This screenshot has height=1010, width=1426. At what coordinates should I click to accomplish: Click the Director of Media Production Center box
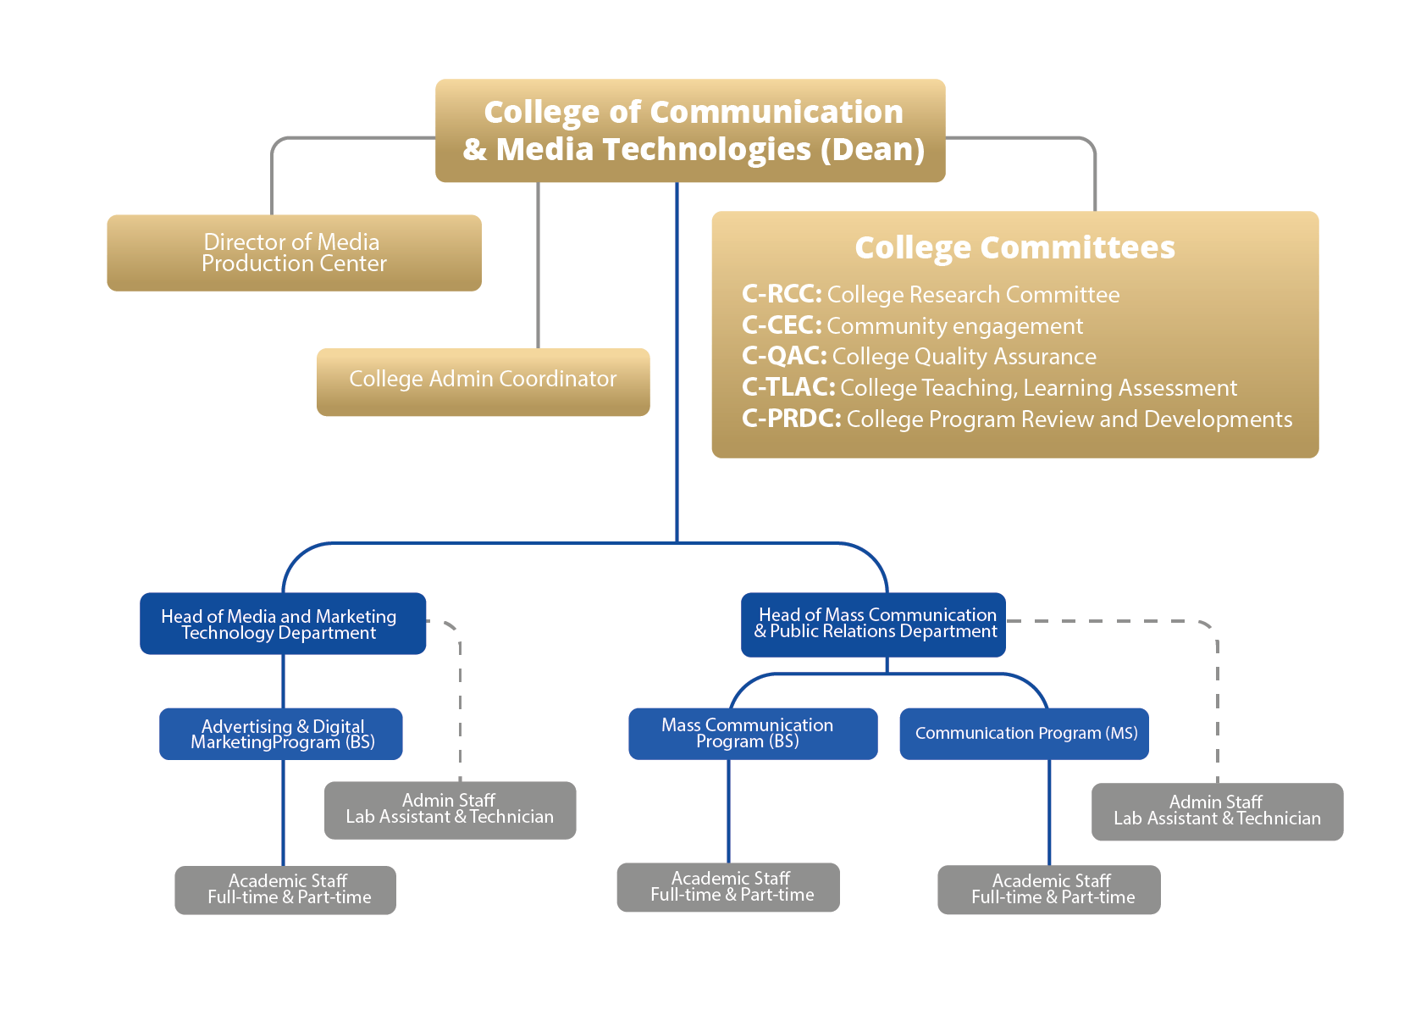[x=294, y=252]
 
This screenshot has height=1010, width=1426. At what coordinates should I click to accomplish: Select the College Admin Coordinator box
[x=483, y=381]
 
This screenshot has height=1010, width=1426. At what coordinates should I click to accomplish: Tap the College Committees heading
[x=1014, y=247]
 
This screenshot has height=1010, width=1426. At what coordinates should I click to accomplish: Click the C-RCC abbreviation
[x=781, y=294]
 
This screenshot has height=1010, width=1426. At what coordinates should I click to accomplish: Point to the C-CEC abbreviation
[x=781, y=325]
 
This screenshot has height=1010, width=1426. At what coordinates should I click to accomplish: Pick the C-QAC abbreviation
[x=783, y=356]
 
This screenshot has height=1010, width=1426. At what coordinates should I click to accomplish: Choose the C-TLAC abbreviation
[x=788, y=387]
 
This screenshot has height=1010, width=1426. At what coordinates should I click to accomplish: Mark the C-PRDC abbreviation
[x=791, y=419]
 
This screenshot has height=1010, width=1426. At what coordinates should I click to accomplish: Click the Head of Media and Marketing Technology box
[x=282, y=624]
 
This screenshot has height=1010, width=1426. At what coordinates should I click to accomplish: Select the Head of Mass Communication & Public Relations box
[x=873, y=624]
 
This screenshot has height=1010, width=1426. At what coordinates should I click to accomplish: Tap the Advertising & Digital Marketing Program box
[x=280, y=734]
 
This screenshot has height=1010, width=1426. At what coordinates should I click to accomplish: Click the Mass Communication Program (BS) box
[x=752, y=733]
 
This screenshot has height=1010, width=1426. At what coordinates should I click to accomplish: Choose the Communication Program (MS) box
[x=1024, y=734]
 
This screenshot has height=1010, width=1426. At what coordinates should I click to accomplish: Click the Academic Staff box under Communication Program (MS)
[x=1048, y=890]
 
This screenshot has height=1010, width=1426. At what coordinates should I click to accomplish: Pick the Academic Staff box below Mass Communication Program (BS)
[x=728, y=887]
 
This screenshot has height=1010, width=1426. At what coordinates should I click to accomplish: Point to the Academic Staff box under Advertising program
[x=285, y=890]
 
